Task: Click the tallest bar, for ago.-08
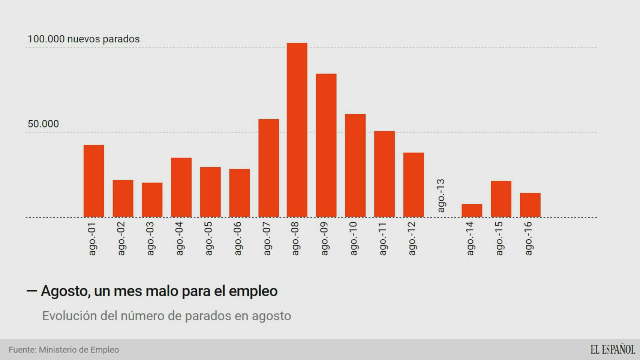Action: click(x=297, y=130)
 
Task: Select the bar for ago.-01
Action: click(x=94, y=181)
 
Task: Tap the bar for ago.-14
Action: click(x=472, y=210)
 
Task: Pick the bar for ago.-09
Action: click(x=326, y=145)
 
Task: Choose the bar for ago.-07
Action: click(x=269, y=168)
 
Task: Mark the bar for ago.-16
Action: click(x=530, y=205)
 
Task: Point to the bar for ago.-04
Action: click(x=181, y=187)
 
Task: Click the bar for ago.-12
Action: click(x=413, y=184)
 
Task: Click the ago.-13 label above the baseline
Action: click(x=441, y=195)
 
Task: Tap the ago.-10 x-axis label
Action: click(x=353, y=238)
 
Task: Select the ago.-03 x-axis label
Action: click(x=150, y=238)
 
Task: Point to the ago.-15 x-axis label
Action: click(x=499, y=238)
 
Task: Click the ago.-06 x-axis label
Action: click(x=238, y=238)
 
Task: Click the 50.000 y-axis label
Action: click(x=43, y=124)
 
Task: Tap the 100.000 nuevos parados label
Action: click(x=83, y=39)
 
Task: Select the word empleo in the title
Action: click(x=253, y=291)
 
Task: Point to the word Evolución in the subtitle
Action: click(x=69, y=316)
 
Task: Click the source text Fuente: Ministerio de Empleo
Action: click(x=64, y=350)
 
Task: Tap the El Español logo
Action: click(x=612, y=349)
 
